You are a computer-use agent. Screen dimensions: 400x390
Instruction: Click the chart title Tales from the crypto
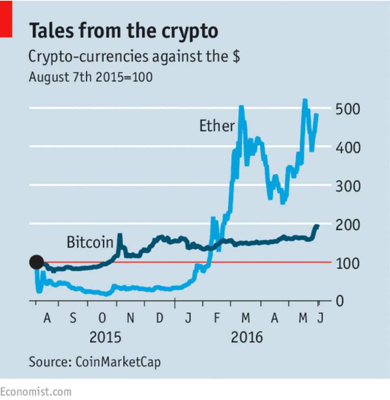[x=123, y=31]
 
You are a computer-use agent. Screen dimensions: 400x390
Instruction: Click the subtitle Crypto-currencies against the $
[x=134, y=57]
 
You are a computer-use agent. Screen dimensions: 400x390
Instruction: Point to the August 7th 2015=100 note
[x=91, y=77]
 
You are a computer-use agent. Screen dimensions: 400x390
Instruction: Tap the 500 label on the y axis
[x=348, y=109]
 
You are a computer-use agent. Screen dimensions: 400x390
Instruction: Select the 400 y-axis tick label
[x=348, y=148]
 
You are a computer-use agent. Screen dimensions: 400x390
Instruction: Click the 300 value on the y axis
[x=348, y=187]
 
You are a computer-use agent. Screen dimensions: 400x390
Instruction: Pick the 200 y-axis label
[x=348, y=225]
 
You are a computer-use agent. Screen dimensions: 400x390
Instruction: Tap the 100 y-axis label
[x=348, y=263]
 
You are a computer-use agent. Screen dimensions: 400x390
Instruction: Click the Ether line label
[x=217, y=126]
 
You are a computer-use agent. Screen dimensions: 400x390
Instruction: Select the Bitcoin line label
[x=90, y=243]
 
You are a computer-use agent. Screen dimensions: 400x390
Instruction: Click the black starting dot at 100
[x=37, y=262]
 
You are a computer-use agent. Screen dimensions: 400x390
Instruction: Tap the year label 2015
[x=105, y=337]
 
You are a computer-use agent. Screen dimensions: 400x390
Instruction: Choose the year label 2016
[x=247, y=337]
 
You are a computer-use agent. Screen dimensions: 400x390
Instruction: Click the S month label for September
[x=73, y=319]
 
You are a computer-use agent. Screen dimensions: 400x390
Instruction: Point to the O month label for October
[x=102, y=319]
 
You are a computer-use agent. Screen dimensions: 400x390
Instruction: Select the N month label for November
[x=130, y=319]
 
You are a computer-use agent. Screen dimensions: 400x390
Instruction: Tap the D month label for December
[x=160, y=319]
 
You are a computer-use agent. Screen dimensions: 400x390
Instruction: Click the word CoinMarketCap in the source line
[x=117, y=362]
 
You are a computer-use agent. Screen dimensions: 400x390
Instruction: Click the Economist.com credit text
[x=36, y=392]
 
